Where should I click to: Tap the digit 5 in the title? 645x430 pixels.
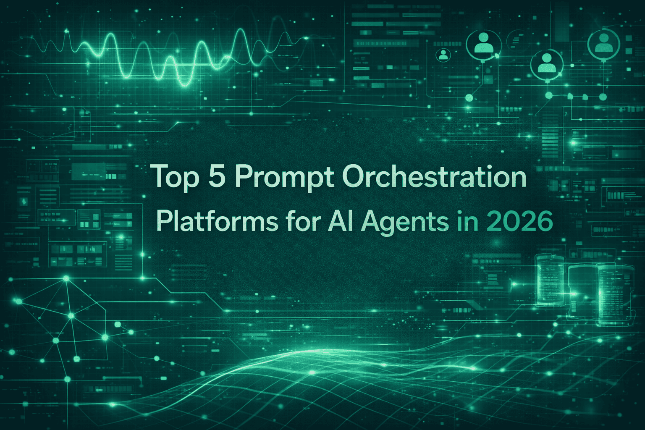coord(217,176)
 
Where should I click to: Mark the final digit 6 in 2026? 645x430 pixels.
coord(544,221)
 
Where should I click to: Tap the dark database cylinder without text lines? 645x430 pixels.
coord(582,290)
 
